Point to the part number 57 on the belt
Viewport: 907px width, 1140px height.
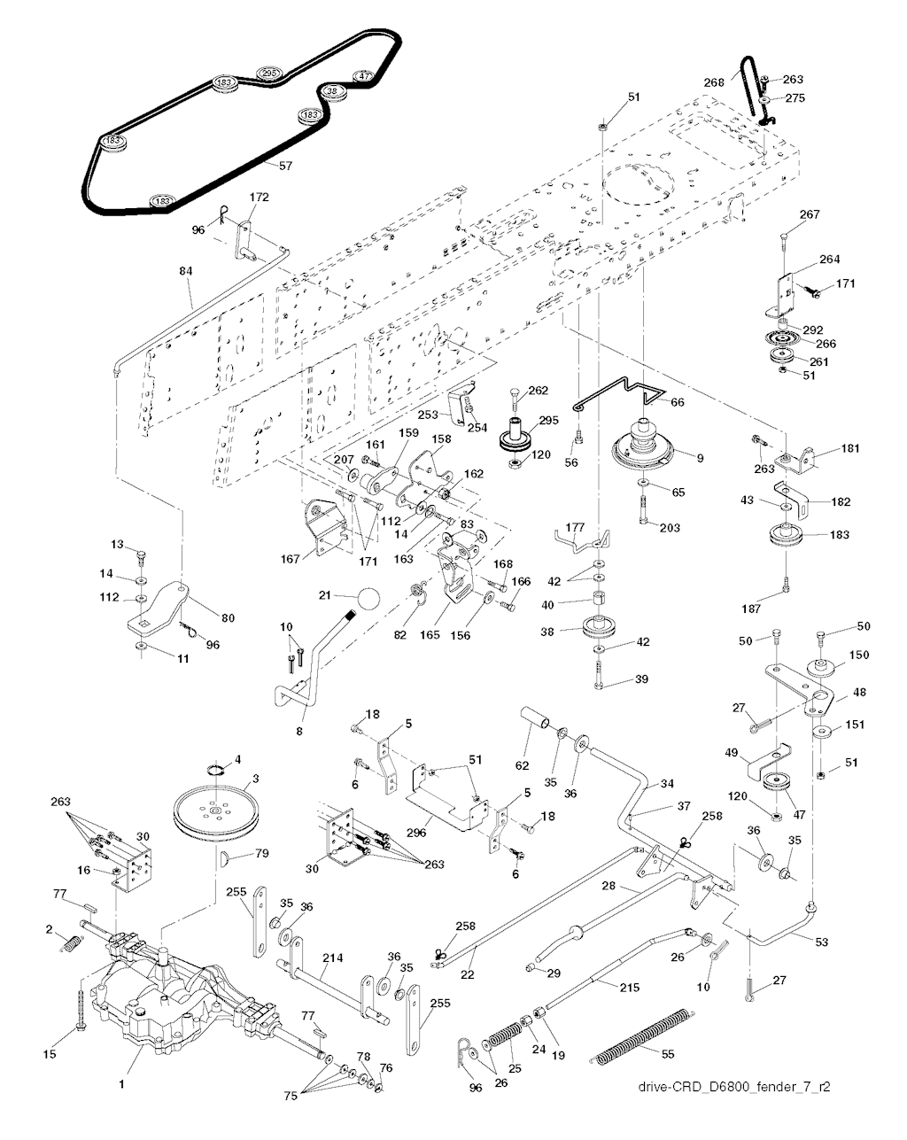pos(285,165)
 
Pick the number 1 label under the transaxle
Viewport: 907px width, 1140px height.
pos(121,1082)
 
